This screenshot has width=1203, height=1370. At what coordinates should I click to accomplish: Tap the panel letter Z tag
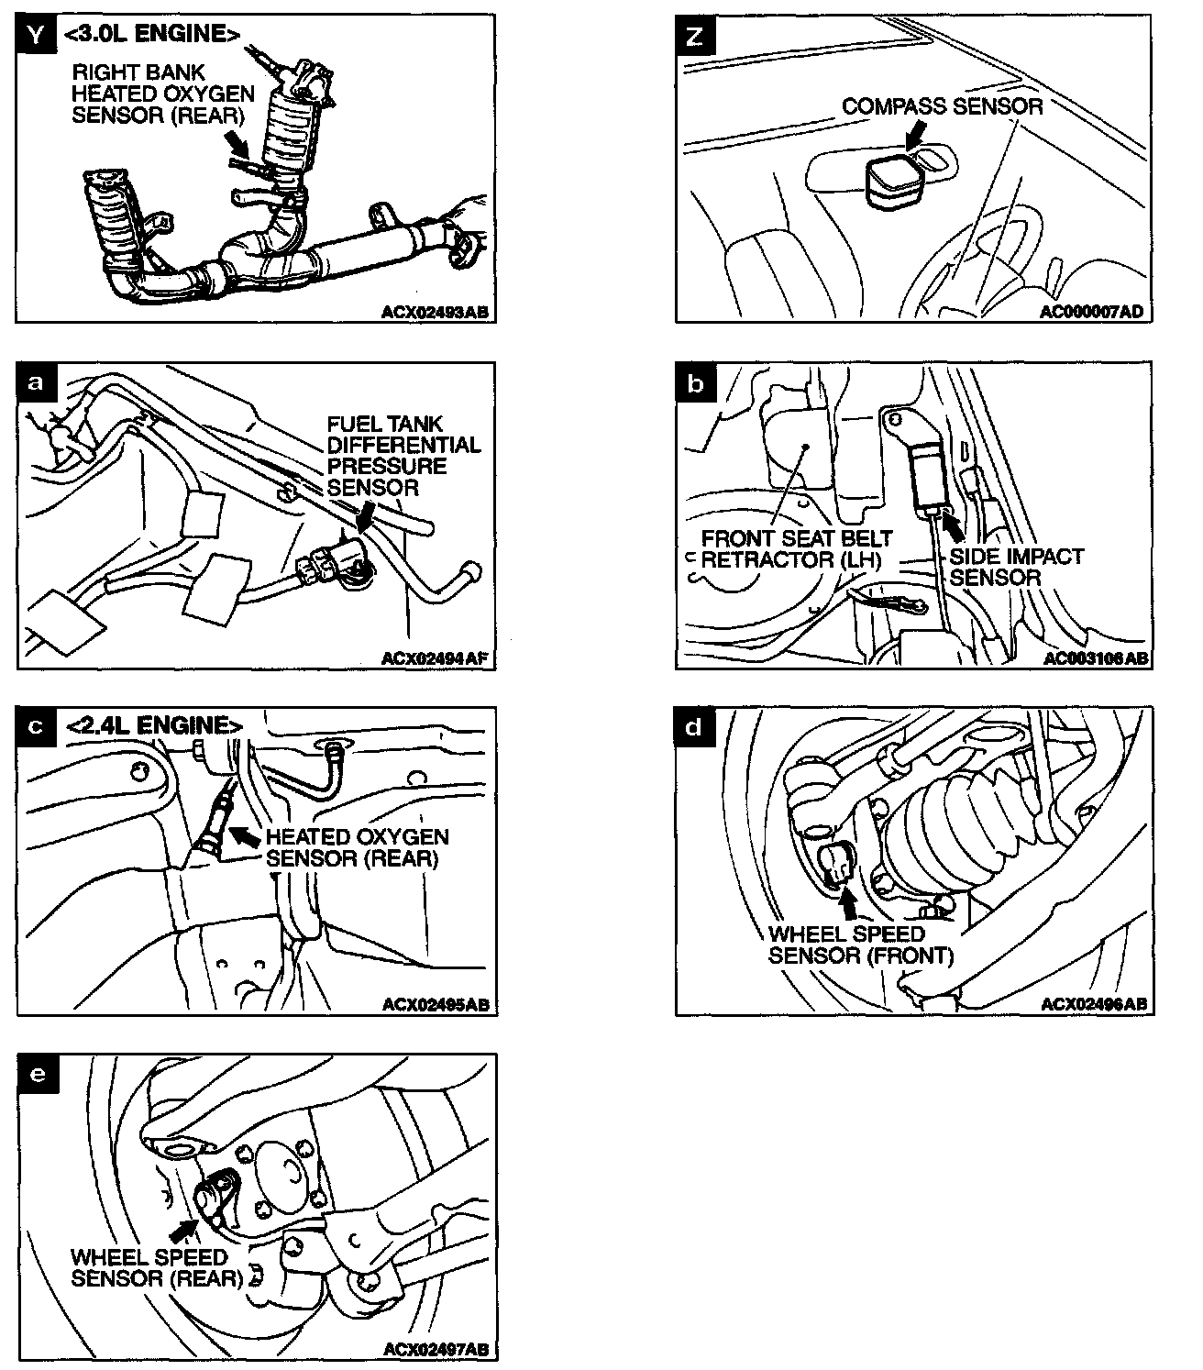[x=696, y=36]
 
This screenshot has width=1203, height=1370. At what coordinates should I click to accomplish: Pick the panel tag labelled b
[x=696, y=381]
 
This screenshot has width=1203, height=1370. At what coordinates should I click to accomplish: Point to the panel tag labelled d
[x=696, y=726]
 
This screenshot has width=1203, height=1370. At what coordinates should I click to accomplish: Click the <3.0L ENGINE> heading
[x=152, y=35]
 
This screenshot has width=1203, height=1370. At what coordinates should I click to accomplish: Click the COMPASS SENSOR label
[x=942, y=106]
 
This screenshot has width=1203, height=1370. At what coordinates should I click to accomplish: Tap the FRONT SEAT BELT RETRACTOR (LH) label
[x=796, y=548]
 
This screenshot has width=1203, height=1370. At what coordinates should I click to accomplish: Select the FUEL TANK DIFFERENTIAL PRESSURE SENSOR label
[x=403, y=455]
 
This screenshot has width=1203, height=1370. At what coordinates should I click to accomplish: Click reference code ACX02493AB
[x=435, y=312]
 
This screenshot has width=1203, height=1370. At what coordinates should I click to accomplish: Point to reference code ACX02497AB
[x=435, y=1349]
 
